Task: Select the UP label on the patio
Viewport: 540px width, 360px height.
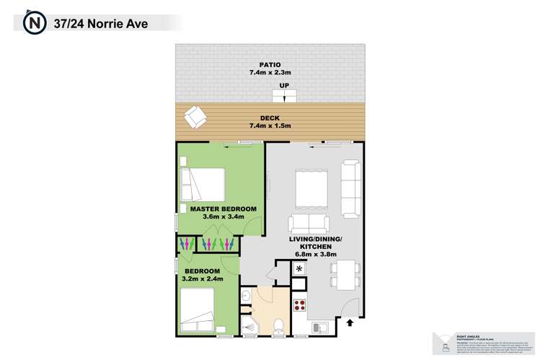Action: pyautogui.click(x=284, y=86)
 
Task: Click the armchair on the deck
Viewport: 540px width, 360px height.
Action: pyautogui.click(x=195, y=115)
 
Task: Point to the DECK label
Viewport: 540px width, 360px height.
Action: pyautogui.click(x=270, y=118)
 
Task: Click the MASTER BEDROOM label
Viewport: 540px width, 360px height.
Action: pyautogui.click(x=223, y=208)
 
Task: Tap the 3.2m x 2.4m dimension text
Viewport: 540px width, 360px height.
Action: pyautogui.click(x=203, y=278)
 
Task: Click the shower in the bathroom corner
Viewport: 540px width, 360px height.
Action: pyautogui.click(x=249, y=328)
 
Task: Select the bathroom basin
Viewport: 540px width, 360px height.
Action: pyautogui.click(x=245, y=296)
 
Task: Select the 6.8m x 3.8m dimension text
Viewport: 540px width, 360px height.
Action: pyautogui.click(x=317, y=255)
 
